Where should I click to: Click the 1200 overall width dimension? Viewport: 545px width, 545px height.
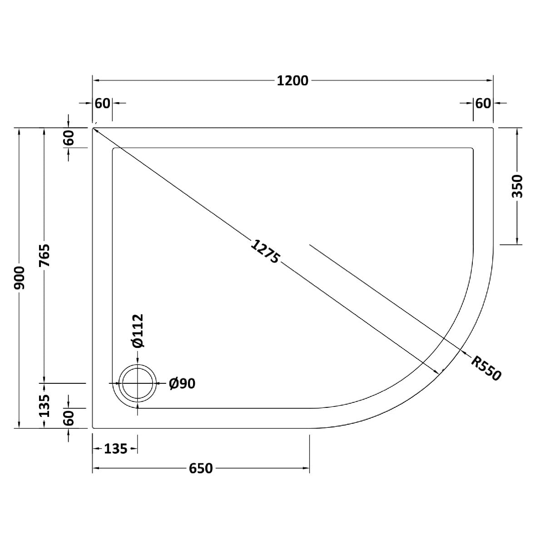pyautogui.click(x=292, y=81)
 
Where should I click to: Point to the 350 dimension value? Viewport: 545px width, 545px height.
pyautogui.click(x=517, y=186)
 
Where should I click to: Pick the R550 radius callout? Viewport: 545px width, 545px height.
pyautogui.click(x=486, y=368)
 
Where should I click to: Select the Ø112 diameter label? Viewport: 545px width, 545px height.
pyautogui.click(x=138, y=331)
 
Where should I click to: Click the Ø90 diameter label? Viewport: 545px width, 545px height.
pyautogui.click(x=182, y=384)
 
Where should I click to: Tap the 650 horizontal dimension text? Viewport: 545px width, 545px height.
pyautogui.click(x=201, y=468)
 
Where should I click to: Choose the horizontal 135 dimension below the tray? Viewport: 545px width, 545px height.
pyautogui.click(x=115, y=449)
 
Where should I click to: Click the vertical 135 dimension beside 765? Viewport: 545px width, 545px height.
pyautogui.click(x=44, y=405)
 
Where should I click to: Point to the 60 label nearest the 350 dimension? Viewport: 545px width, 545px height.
pyautogui.click(x=483, y=104)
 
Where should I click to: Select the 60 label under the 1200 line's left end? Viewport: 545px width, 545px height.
pyautogui.click(x=103, y=104)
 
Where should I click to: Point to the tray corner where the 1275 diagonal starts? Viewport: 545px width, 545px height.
pyautogui.click(x=94, y=129)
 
